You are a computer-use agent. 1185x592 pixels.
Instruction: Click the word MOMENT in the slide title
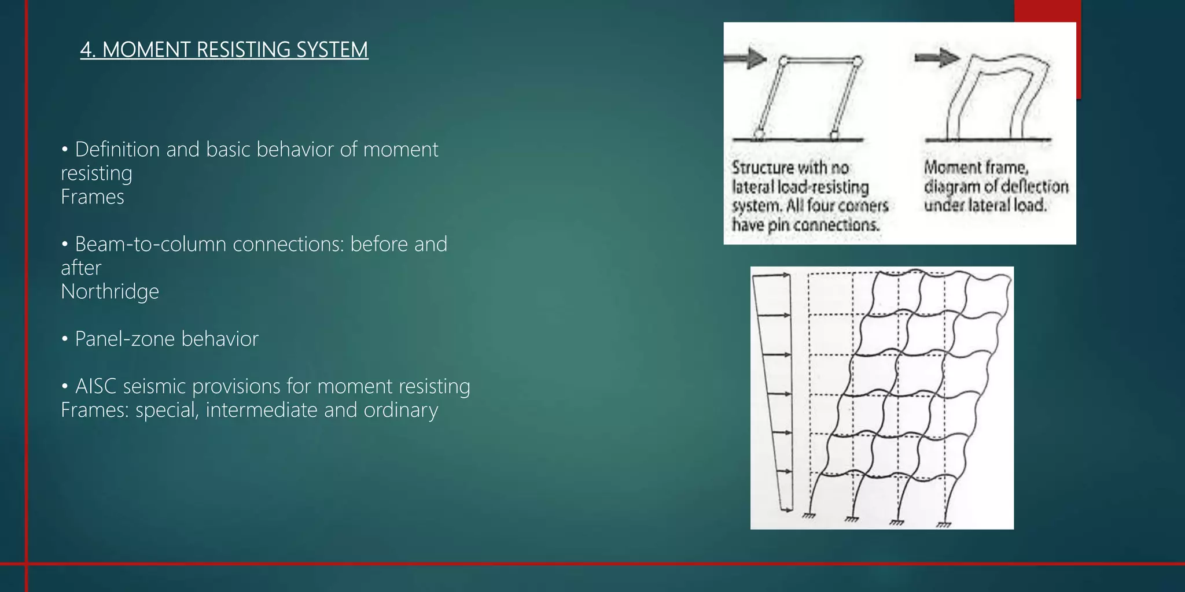click(x=146, y=50)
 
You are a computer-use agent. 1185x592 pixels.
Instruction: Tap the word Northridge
click(x=110, y=291)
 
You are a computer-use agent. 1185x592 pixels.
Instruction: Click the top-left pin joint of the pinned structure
click(x=784, y=60)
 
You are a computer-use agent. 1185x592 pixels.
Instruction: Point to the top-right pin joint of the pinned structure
click(x=858, y=61)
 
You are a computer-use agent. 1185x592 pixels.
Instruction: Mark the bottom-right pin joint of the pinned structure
click(x=834, y=136)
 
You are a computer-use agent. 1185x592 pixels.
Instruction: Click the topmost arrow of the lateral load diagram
click(x=772, y=276)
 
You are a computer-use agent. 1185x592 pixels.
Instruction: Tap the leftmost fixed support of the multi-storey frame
click(x=808, y=515)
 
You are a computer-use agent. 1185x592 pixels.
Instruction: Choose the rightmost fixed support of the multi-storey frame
click(x=944, y=524)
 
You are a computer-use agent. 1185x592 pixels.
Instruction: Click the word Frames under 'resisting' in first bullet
click(x=93, y=197)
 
